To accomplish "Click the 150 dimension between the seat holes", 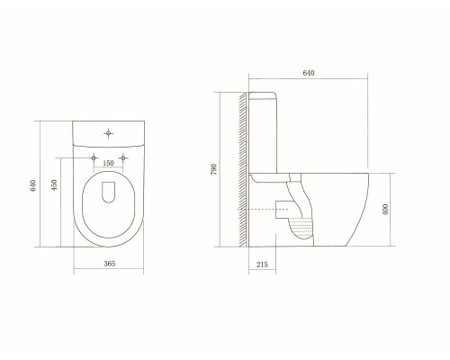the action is tap(108, 163).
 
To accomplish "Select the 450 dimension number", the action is tap(54, 185).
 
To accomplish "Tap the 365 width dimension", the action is tap(110, 264).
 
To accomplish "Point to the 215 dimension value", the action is tap(262, 265).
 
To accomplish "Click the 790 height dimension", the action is tap(213, 170).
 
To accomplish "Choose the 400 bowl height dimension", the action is tap(385, 209).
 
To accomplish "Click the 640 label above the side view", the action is tap(309, 73).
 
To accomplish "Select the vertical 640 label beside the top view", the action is tap(32, 185).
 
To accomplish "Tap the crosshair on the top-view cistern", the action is tap(108, 133).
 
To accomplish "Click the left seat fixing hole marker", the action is tap(94, 157).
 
